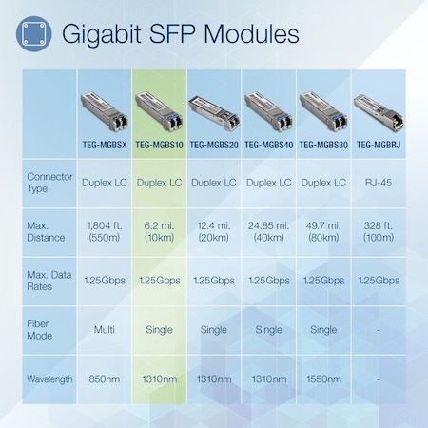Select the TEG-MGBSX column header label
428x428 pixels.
point(103,146)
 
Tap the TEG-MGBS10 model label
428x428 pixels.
point(158,146)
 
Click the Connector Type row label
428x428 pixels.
point(49,183)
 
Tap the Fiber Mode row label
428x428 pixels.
point(44,329)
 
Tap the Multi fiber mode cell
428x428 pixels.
point(103,329)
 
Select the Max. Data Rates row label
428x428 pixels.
point(49,280)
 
